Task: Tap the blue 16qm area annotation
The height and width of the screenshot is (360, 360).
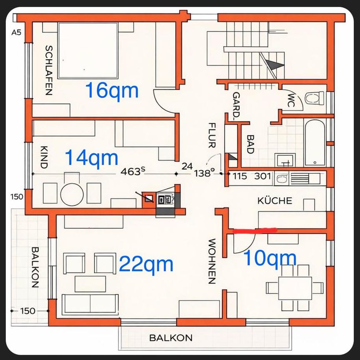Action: [x=112, y=90]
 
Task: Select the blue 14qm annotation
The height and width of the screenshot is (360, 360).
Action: [x=92, y=158]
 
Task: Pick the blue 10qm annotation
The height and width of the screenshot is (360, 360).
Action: [x=270, y=258]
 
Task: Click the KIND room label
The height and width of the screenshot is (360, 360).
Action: [x=45, y=157]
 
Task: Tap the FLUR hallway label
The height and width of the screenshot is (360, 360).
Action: [x=212, y=135]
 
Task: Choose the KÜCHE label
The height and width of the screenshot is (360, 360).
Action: [x=275, y=201]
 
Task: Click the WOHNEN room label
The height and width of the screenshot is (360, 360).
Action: [x=212, y=261]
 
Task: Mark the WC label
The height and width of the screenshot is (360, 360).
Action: [x=291, y=100]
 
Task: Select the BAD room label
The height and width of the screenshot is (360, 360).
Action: [x=250, y=144]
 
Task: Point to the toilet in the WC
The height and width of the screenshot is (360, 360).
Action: [x=314, y=98]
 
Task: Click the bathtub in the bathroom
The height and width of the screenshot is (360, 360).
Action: [x=315, y=143]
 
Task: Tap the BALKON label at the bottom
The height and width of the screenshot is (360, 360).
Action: [x=171, y=338]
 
